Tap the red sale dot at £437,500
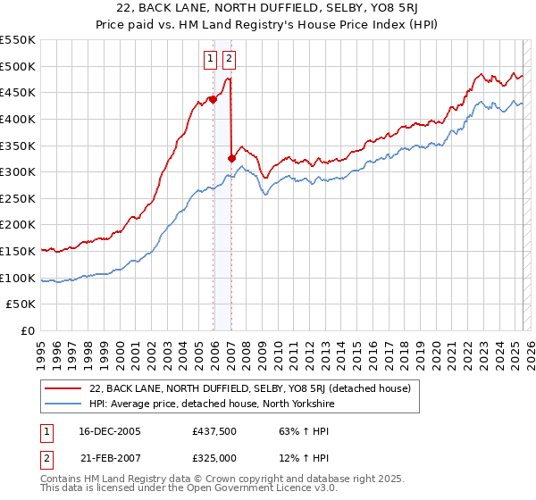pyautogui.click(x=213, y=99)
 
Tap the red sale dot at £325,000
pyautogui.click(x=231, y=158)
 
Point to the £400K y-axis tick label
pyautogui.click(x=18, y=119)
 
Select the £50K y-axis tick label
pyautogui.click(x=21, y=304)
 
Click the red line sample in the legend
pyautogui.click(x=63, y=388)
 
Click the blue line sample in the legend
pyautogui.click(x=63, y=404)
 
